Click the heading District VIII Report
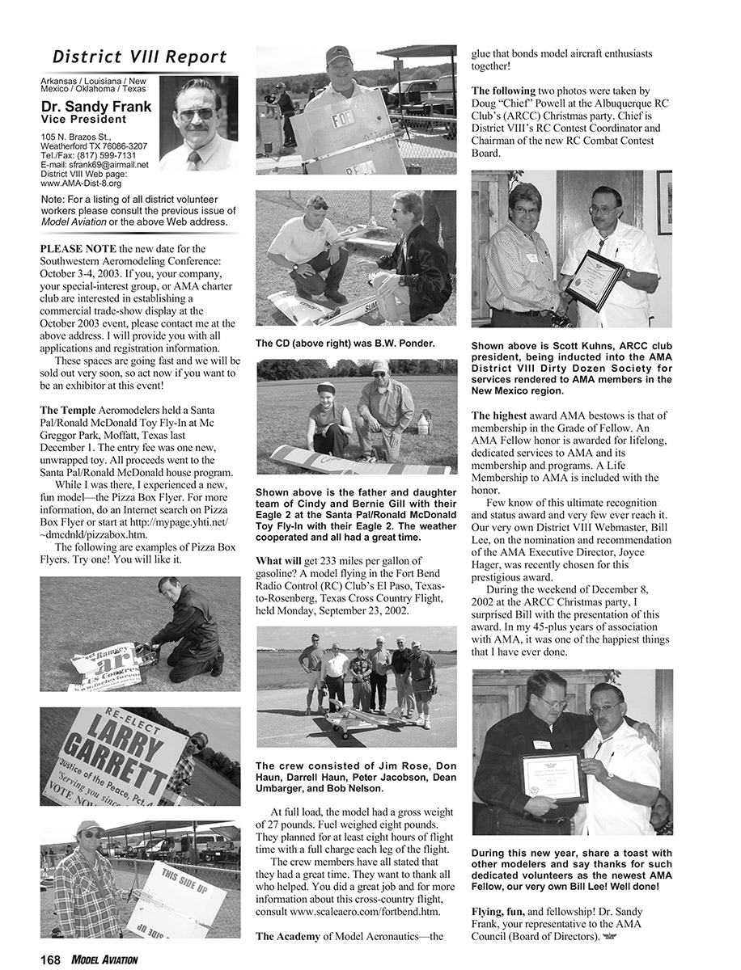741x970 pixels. point(139,57)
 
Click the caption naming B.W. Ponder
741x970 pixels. point(345,344)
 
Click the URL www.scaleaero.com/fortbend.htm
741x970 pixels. point(354,912)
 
